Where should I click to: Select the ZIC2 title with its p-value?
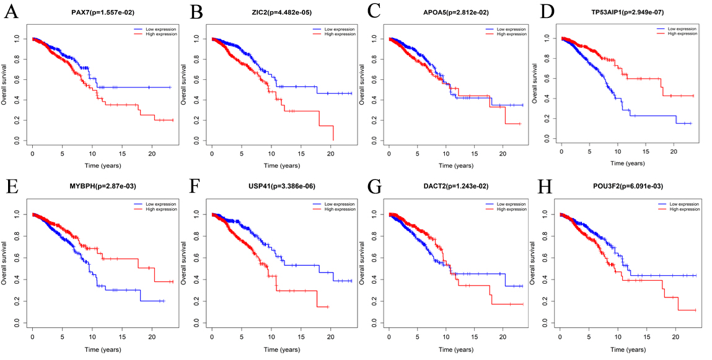click(x=282, y=13)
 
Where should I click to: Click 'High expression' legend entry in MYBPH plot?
click(x=154, y=209)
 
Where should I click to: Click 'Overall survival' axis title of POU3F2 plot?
click(x=536, y=263)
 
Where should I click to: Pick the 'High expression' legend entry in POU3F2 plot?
click(x=679, y=209)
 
